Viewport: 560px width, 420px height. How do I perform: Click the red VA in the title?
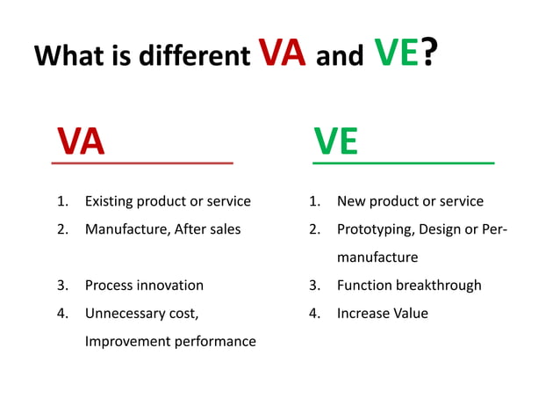click(x=282, y=54)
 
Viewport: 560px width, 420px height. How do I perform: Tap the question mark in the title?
click(x=430, y=54)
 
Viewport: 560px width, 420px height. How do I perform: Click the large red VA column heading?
click(x=81, y=141)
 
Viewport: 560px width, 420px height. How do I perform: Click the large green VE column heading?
click(x=336, y=141)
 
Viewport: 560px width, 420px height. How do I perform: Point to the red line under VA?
click(x=142, y=163)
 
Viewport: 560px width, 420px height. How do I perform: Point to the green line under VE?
click(x=403, y=163)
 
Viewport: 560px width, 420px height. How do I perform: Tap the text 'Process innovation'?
click(x=144, y=286)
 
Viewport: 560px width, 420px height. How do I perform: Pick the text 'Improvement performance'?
click(x=170, y=341)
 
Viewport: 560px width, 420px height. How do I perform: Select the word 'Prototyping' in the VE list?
click(x=376, y=229)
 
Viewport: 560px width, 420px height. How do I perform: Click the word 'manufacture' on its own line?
click(x=377, y=257)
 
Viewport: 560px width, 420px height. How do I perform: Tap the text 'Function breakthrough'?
click(x=409, y=286)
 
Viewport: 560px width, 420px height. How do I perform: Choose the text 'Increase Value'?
click(x=382, y=313)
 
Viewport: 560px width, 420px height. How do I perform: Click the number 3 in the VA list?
click(x=62, y=286)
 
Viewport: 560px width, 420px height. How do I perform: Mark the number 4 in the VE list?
click(x=313, y=313)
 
